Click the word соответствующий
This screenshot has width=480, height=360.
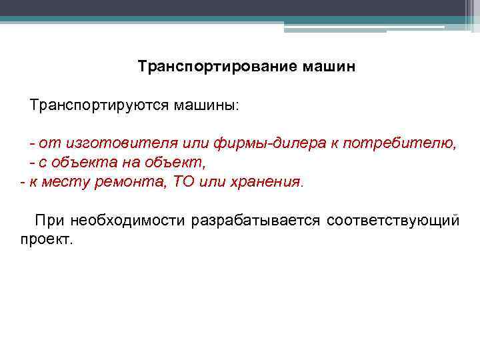click(x=393, y=221)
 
